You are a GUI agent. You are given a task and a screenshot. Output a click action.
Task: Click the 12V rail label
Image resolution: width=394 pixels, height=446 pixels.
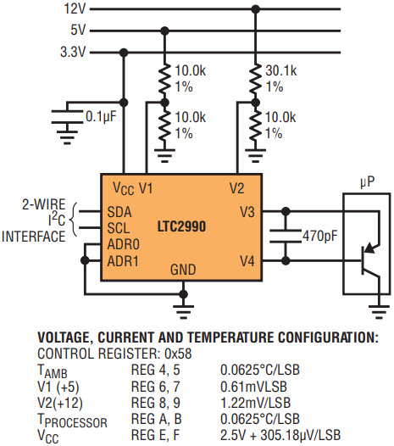[75, 8]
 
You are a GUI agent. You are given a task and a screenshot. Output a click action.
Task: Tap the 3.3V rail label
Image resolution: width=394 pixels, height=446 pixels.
[73, 52]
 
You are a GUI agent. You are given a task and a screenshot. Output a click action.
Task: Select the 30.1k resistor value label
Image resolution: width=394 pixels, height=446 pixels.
[280, 70]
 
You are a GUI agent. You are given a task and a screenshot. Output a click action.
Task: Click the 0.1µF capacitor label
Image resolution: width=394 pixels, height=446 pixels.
[101, 116]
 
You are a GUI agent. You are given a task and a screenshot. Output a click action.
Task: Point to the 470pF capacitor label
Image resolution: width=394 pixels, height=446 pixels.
[319, 236]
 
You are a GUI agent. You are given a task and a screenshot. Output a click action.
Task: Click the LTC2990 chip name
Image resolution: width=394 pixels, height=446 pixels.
[181, 226]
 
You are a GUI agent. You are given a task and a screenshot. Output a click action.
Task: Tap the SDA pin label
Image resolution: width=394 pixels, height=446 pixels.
[119, 212]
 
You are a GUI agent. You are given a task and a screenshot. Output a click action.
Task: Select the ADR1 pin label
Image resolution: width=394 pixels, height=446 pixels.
[123, 261]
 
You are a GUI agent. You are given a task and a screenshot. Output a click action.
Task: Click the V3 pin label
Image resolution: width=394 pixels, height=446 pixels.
[247, 212]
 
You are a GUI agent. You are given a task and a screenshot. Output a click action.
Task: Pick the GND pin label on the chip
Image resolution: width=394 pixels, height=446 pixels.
[183, 270]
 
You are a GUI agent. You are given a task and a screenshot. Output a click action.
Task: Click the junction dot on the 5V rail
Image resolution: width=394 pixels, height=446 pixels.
[164, 31]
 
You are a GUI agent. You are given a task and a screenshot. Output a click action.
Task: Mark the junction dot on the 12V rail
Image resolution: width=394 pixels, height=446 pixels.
[256, 9]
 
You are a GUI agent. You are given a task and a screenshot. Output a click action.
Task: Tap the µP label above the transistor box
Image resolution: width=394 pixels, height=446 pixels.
[367, 182]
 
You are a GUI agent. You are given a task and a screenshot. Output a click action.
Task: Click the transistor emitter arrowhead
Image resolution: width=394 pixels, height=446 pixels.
[369, 248]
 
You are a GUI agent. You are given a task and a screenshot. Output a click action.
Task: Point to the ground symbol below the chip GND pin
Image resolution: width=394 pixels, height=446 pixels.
[183, 311]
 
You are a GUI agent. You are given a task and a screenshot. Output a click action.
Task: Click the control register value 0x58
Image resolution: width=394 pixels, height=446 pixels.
[178, 354]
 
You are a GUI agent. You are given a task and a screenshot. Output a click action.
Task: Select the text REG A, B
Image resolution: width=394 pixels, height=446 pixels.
[157, 419]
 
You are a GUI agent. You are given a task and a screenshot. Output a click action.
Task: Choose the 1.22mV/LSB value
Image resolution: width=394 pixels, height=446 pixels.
[255, 403]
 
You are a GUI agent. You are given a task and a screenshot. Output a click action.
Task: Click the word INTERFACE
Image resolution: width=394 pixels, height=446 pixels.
[33, 237]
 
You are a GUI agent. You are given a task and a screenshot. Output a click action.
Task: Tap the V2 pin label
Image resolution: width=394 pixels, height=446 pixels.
[236, 188]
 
